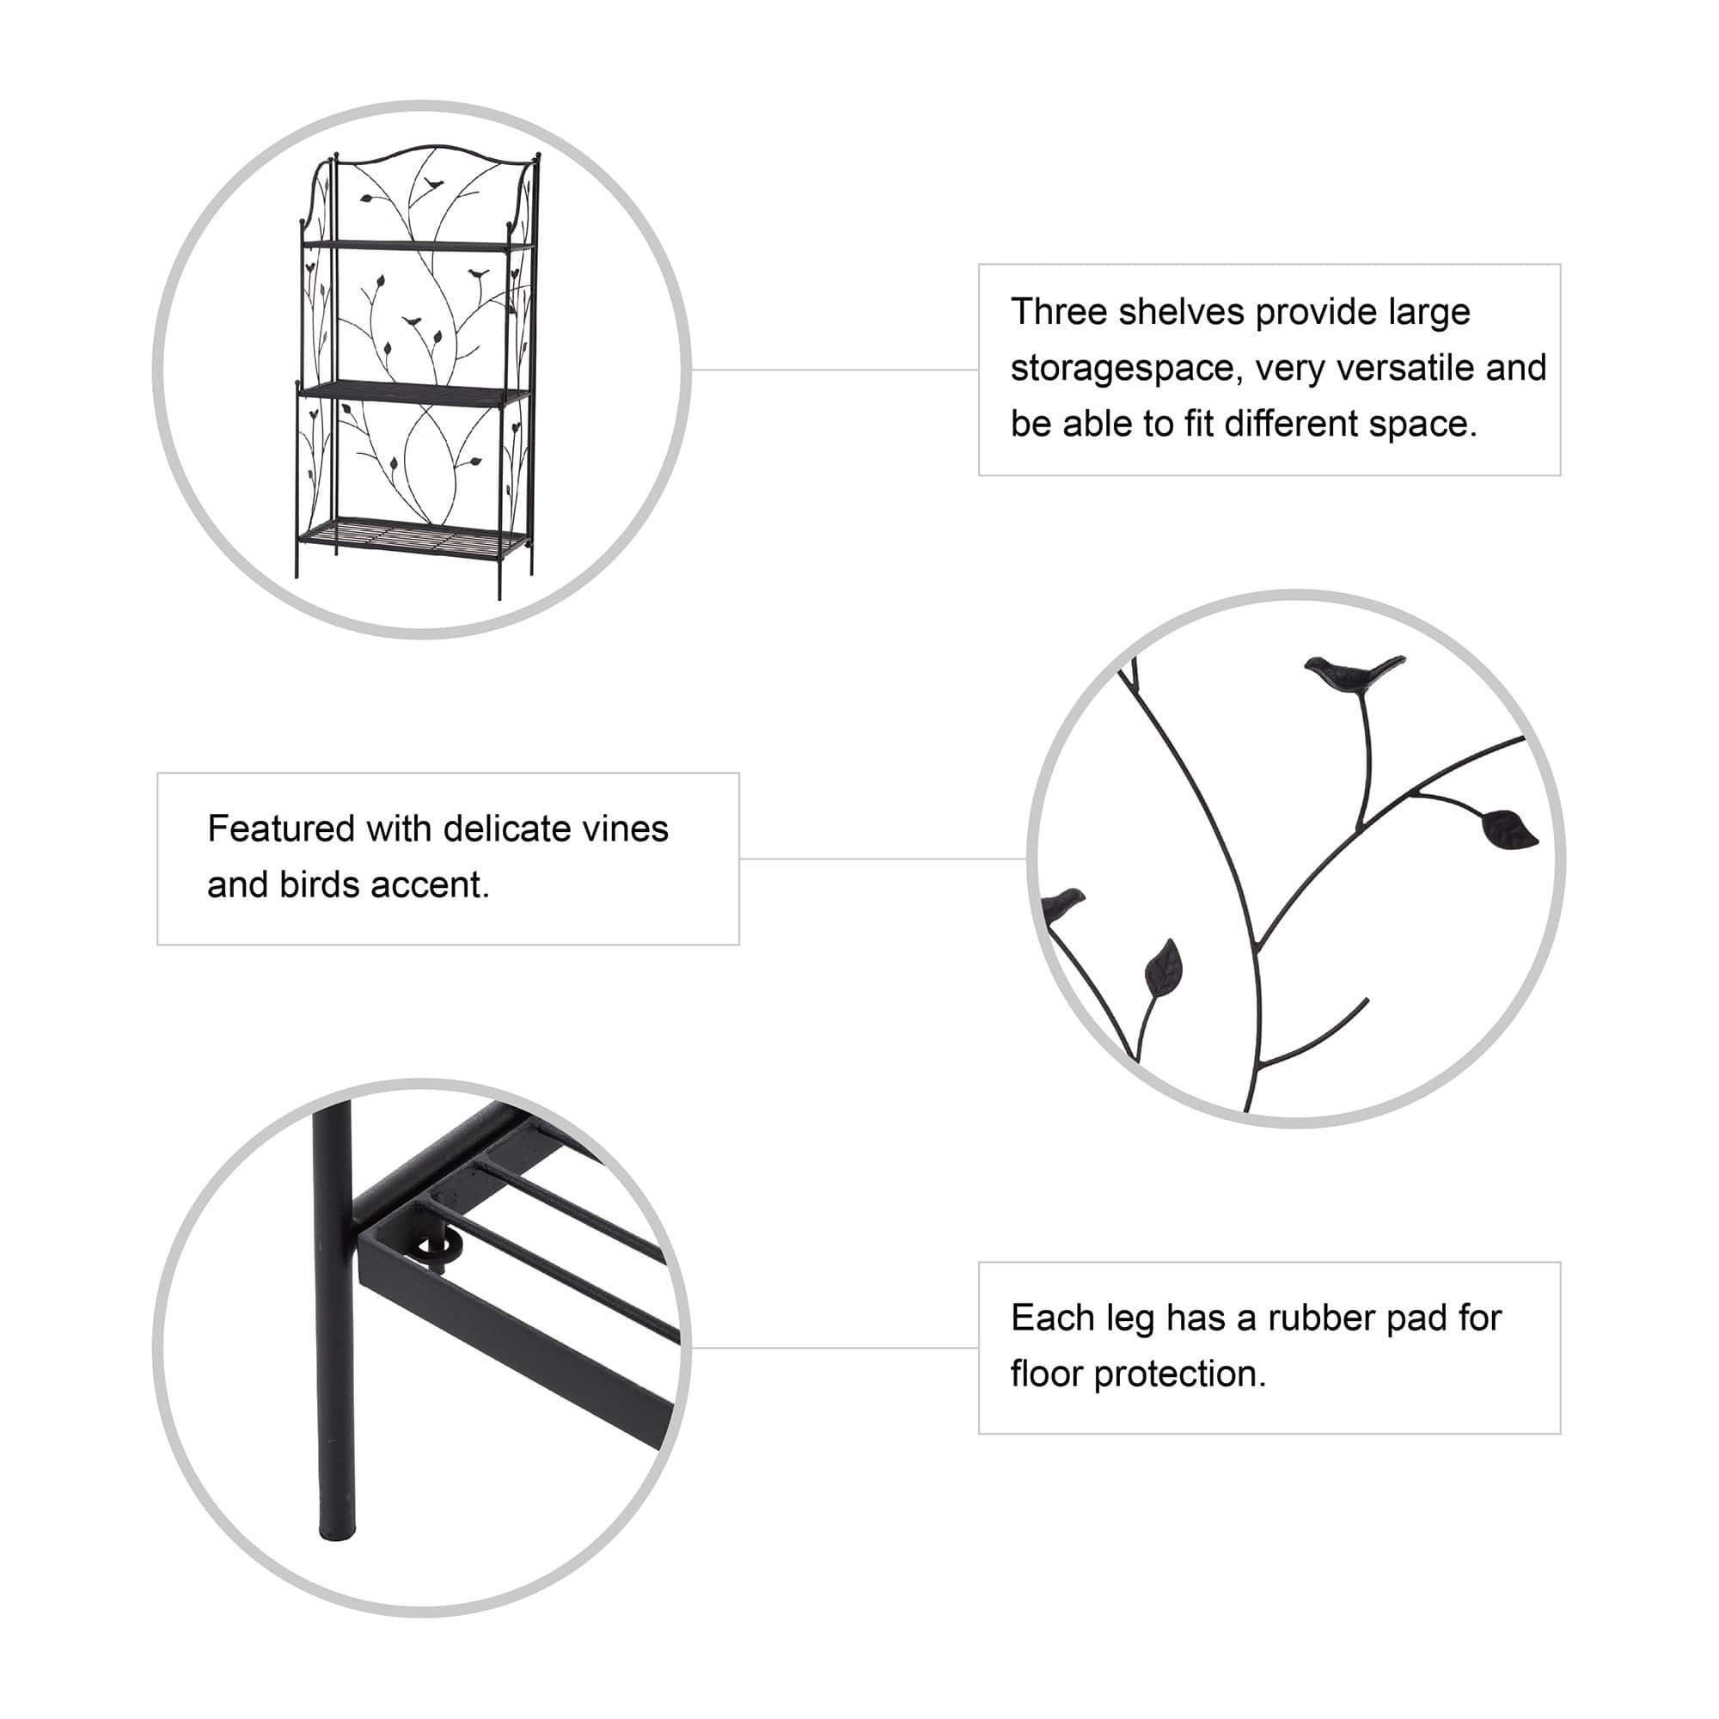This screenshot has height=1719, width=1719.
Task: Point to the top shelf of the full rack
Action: pyautogui.click(x=418, y=244)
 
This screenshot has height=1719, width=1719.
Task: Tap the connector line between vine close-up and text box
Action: pyautogui.click(x=883, y=859)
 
